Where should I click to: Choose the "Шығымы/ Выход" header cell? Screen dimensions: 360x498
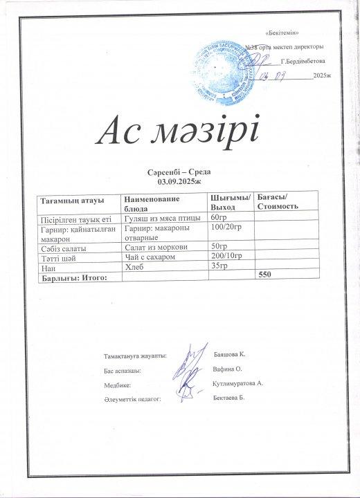pyautogui.click(x=228, y=203)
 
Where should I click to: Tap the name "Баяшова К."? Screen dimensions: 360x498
pyautogui.click(x=231, y=353)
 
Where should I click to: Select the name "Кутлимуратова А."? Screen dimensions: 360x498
pyautogui.click(x=240, y=382)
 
